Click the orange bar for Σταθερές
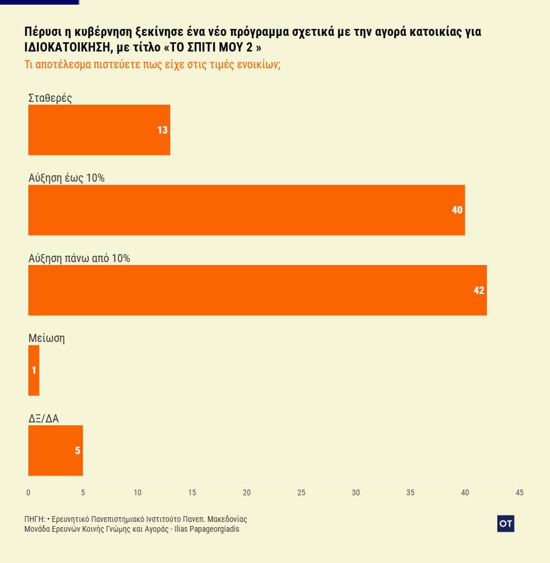pos(98,130)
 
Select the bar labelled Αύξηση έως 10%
pos(246,209)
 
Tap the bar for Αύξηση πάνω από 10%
pos(257,290)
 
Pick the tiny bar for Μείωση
pos(34,370)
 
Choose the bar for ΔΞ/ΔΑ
pos(55,450)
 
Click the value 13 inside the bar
pos(162,130)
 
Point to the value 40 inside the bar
pos(457,210)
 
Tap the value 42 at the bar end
pos(479,290)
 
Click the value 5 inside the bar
pos(77,451)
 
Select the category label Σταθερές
pos(50,98)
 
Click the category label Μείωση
pos(46,338)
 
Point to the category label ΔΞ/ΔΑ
pos(43,418)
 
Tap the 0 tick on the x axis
pos(28,492)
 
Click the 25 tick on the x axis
pos(301,492)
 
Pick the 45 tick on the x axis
pos(519,492)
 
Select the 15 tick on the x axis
pos(192,492)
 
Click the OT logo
pos(505,524)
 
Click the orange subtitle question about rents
pos(152,64)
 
